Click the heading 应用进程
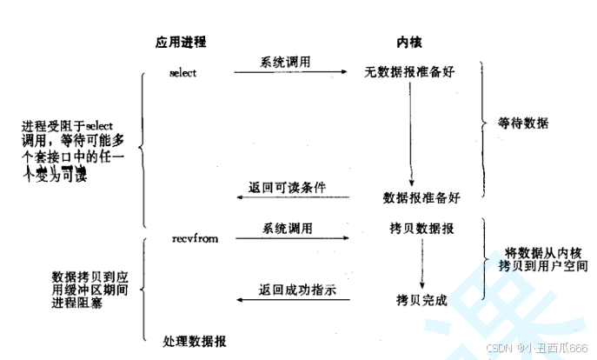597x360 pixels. pos(181,42)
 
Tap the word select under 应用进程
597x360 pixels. pos(183,72)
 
